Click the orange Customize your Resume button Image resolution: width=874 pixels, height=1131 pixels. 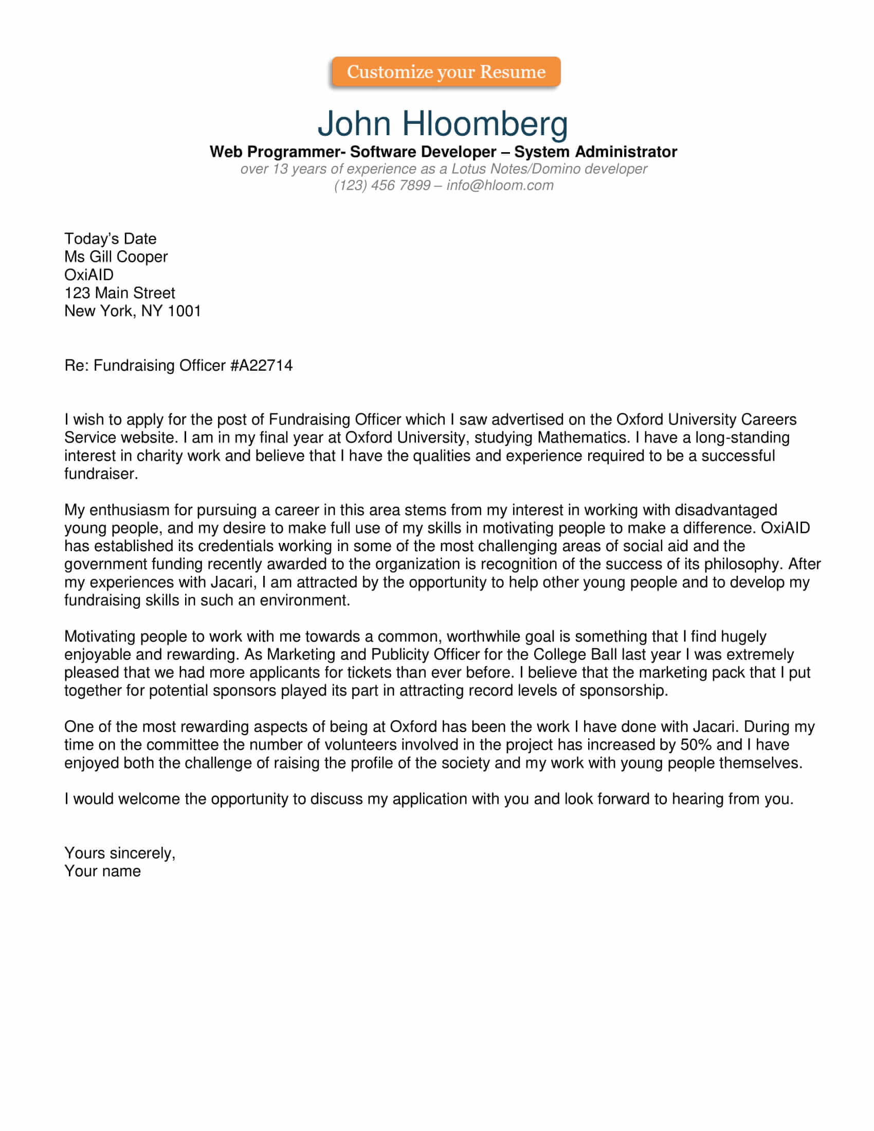pos(445,71)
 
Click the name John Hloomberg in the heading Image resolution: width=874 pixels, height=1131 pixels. pos(443,123)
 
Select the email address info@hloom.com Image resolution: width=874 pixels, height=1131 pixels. pos(500,186)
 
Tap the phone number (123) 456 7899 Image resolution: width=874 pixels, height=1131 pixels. pos(382,186)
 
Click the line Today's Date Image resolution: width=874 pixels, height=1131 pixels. pos(111,239)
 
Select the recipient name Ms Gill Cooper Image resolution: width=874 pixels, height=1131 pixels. pos(116,257)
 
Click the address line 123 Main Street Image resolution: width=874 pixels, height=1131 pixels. pos(120,293)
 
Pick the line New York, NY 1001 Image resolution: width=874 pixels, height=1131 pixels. pos(133,311)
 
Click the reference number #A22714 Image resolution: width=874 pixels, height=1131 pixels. pos(262,366)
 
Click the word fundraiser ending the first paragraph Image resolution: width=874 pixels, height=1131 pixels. pos(100,474)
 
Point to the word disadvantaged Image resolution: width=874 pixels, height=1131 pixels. pos(725,510)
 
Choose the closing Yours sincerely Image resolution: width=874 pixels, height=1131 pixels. pos(120,853)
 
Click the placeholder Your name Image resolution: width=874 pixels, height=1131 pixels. pos(102,871)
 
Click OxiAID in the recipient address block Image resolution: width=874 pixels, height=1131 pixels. pos(88,275)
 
